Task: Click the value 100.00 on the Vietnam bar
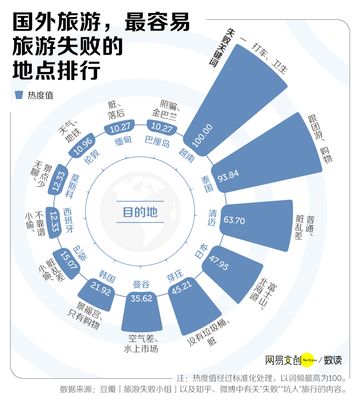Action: click(202, 136)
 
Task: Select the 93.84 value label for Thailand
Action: click(228, 176)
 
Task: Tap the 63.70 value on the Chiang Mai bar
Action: click(234, 220)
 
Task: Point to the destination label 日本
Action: click(201, 251)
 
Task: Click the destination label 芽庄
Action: click(175, 276)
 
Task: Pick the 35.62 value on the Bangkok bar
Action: click(141, 298)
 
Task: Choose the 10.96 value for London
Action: click(83, 146)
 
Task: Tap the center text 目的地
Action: click(140, 212)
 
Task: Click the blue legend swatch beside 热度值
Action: click(19, 95)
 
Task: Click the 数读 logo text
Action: click(333, 360)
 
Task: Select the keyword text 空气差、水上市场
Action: click(141, 344)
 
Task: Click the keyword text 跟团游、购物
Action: click(320, 139)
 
